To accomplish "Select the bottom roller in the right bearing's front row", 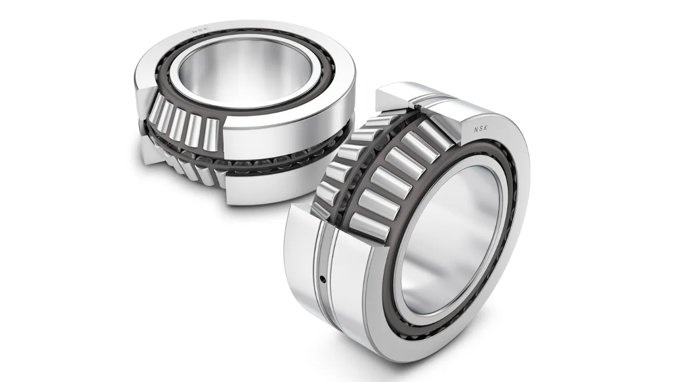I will tap(367, 225).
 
